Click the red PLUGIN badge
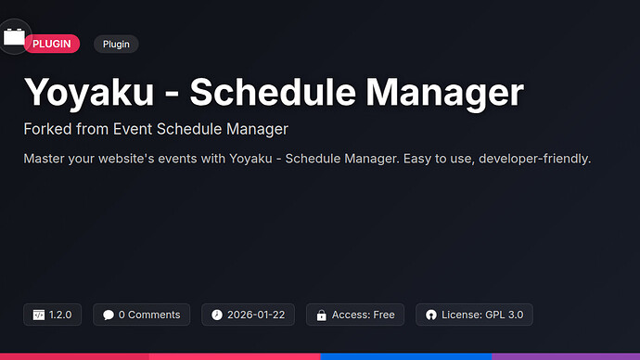[x=52, y=44]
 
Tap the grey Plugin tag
[x=116, y=44]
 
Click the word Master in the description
[x=45, y=159]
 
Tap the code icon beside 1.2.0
[x=39, y=315]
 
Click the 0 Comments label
[x=149, y=315]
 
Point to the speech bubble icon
[x=109, y=315]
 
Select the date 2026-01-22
[x=256, y=315]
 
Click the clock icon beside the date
[x=217, y=315]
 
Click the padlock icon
[x=321, y=315]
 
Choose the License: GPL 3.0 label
[x=483, y=315]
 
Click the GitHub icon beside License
[x=431, y=315]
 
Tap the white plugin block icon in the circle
[x=14, y=37]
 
